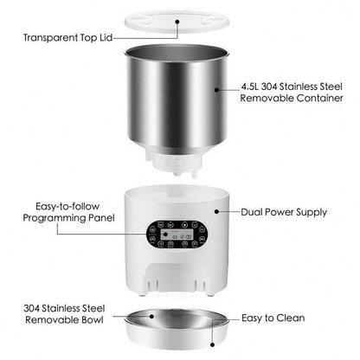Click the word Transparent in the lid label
[x=55, y=38]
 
